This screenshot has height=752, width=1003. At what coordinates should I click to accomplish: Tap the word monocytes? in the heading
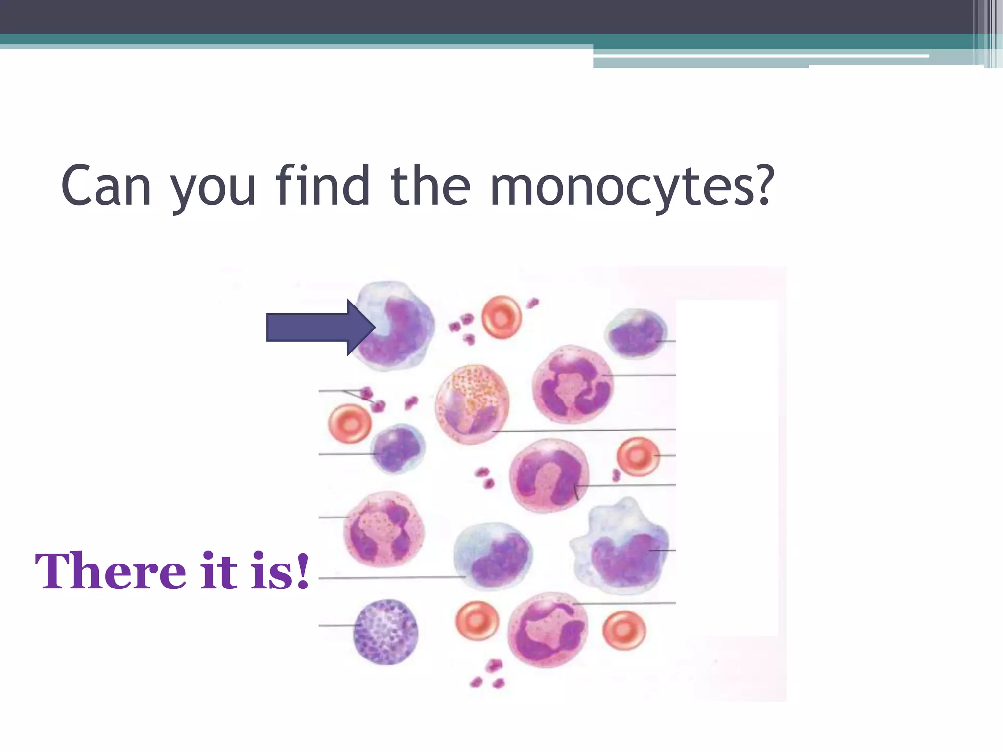point(631,187)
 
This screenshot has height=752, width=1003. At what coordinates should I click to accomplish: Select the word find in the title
point(323,187)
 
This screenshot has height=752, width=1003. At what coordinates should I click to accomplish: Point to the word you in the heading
point(213,188)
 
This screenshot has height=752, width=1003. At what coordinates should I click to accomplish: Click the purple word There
point(110,572)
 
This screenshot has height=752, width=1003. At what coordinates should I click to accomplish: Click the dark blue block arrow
point(319,327)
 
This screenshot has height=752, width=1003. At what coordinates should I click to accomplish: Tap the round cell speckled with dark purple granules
point(386,631)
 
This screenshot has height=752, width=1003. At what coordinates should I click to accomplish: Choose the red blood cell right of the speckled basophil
point(477,621)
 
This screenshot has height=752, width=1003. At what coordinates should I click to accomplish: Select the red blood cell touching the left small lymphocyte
point(349,423)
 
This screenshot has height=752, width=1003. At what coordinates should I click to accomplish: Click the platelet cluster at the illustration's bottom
point(488,675)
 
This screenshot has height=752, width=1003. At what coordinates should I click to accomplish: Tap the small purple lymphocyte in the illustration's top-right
point(636,333)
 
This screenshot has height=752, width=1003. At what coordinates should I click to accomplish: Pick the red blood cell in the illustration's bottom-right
point(623,630)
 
